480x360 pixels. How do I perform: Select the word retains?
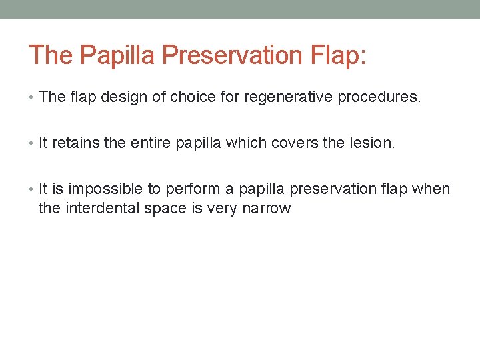pyautogui.click(x=73, y=143)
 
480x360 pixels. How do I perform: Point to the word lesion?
pyautogui.click(x=376, y=143)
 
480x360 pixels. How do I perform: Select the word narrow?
pyautogui.click(x=267, y=208)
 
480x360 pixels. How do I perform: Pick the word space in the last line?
pyautogui.click(x=163, y=208)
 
